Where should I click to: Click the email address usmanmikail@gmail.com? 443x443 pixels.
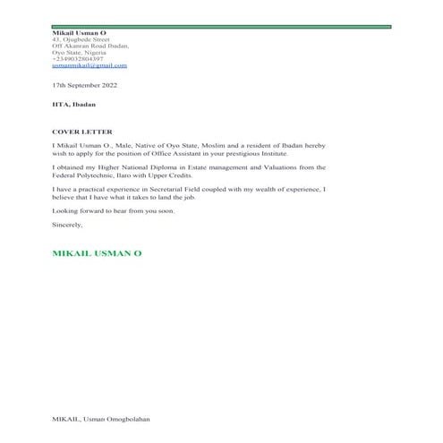[x=89, y=65]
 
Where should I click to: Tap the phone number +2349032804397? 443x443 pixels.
[x=78, y=59]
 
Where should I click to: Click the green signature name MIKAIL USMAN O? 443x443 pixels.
[x=98, y=253]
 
